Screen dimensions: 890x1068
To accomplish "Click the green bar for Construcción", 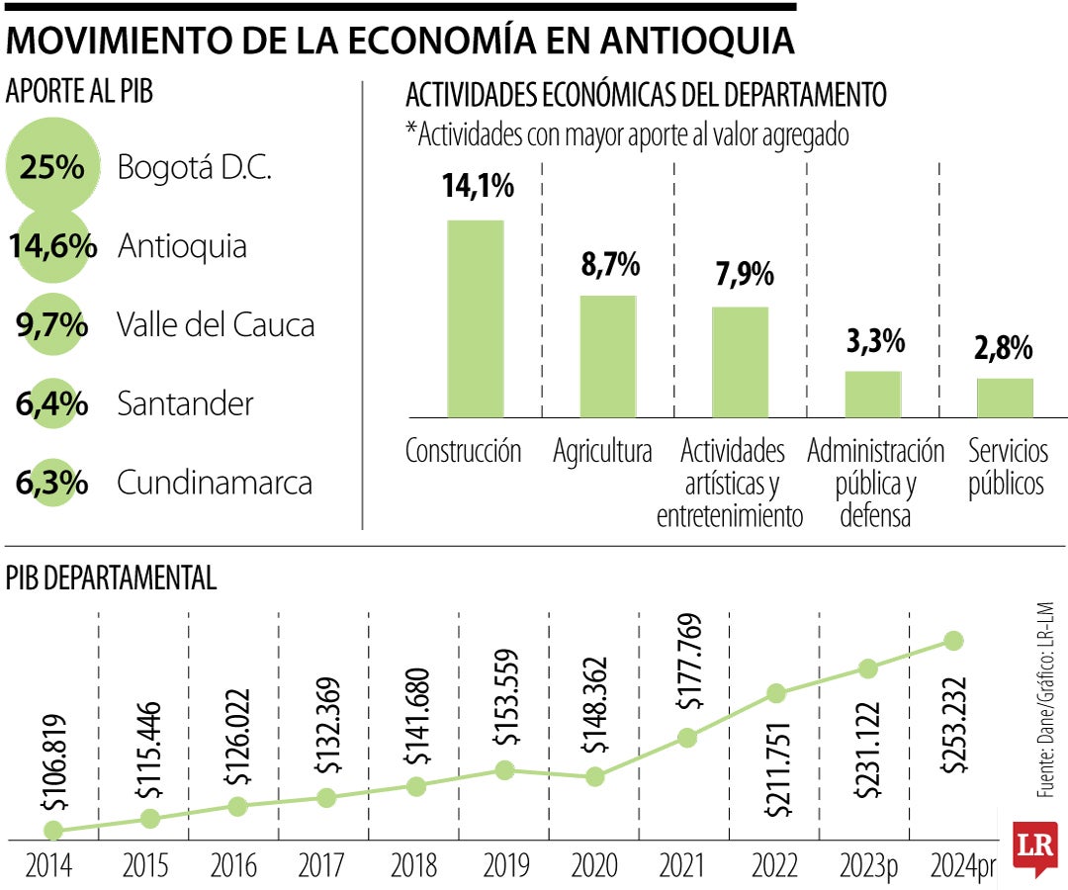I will pos(475,318).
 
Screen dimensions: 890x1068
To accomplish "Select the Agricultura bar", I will pos(607,356).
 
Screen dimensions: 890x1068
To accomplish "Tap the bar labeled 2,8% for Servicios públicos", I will pos(1005,398).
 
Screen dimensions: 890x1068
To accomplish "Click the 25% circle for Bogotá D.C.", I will pos(53,167).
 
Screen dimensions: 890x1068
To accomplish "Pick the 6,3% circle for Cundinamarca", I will pos(52,484).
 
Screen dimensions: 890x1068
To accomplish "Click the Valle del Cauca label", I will pos(216,325).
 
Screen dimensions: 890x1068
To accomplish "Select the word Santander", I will pos(185,404).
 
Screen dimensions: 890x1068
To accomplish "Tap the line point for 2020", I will pos(594,777).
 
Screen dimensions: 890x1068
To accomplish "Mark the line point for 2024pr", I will pos(953,641).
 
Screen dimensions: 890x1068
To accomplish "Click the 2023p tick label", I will pos(867,867).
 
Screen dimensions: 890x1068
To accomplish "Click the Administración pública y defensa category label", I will pos(875,484).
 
